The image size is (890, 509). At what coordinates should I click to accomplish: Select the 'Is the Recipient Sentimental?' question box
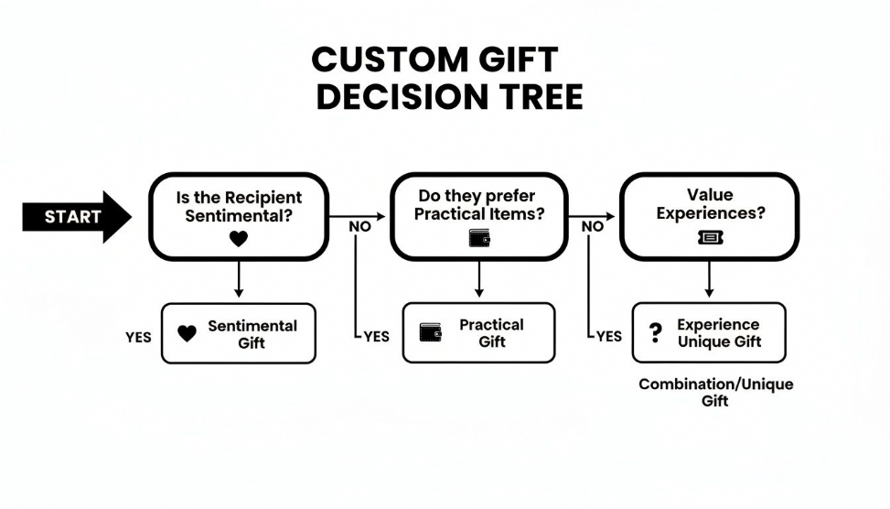click(x=239, y=216)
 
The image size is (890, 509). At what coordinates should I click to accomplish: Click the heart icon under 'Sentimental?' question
click(x=238, y=239)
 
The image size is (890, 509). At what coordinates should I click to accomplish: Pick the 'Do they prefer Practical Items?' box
click(x=478, y=216)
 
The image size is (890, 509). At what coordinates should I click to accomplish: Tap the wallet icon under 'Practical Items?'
click(x=479, y=238)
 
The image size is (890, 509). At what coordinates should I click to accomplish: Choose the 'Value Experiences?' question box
click(x=709, y=216)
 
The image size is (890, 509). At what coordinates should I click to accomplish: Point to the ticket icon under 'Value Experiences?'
click(x=710, y=238)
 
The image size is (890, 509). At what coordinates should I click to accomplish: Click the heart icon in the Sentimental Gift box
click(x=187, y=334)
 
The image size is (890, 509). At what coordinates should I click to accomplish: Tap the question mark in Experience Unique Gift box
click(x=655, y=333)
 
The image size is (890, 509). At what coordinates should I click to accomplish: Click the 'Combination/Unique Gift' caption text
click(x=715, y=393)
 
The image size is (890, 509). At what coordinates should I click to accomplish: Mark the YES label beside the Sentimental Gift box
click(x=138, y=338)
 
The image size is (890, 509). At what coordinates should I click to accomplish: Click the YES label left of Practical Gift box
click(x=376, y=337)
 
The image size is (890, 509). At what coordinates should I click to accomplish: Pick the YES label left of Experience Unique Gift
click(x=608, y=337)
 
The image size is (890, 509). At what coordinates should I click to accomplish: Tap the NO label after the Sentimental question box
click(x=360, y=226)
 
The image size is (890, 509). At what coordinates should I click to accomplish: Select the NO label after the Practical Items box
click(x=593, y=226)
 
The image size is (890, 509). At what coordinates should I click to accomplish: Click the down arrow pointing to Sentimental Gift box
click(x=239, y=280)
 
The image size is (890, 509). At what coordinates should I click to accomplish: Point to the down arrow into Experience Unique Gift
click(x=709, y=280)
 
